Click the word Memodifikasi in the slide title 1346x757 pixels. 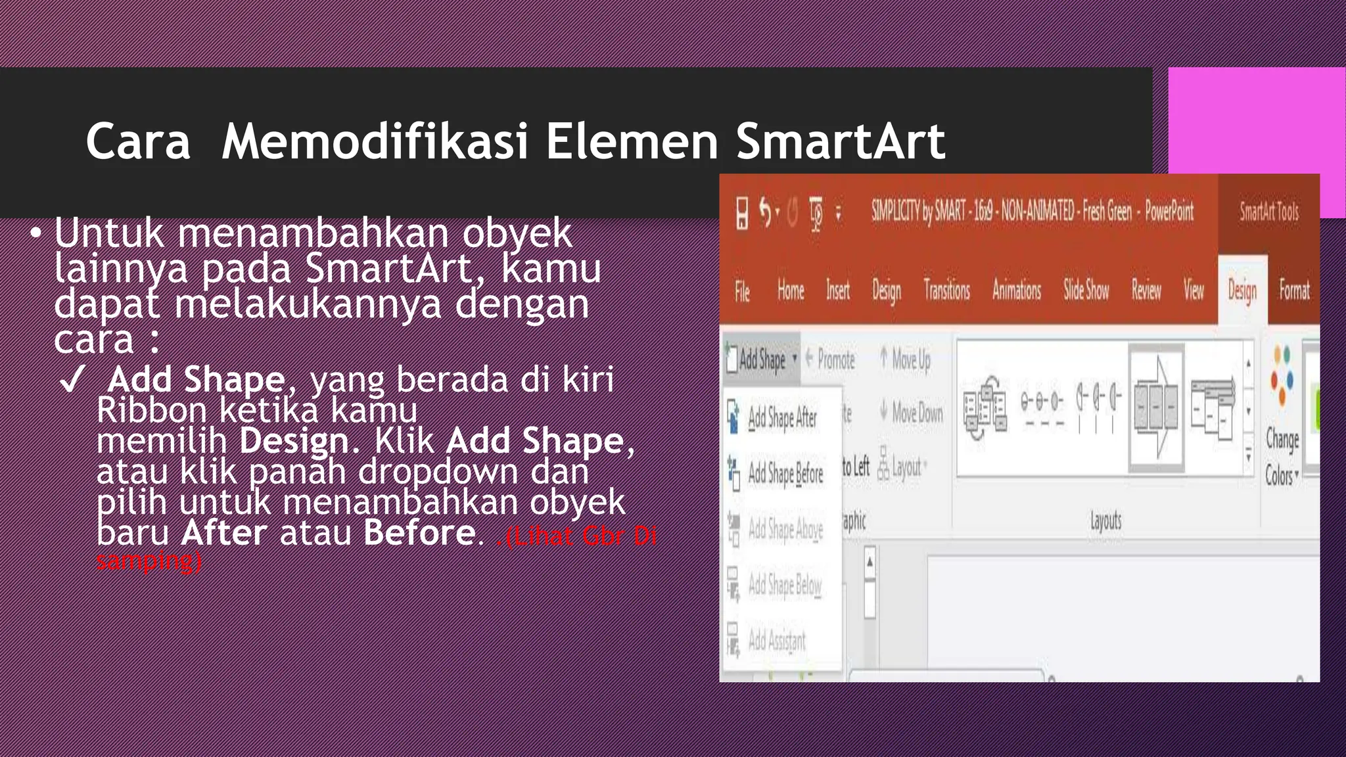click(x=375, y=141)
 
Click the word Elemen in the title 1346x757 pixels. click(x=632, y=141)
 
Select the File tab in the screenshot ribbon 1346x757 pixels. click(x=742, y=291)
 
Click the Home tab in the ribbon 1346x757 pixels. click(x=791, y=290)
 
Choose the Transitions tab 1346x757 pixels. click(x=946, y=290)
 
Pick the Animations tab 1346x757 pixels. click(x=1016, y=290)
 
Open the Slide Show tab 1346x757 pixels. click(x=1086, y=290)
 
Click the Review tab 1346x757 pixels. click(x=1146, y=290)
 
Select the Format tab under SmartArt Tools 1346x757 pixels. click(x=1294, y=290)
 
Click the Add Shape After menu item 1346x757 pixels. click(x=782, y=418)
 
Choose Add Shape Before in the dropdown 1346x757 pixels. click(x=785, y=473)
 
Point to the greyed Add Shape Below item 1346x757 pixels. click(x=784, y=584)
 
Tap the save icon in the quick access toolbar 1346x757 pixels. click(x=742, y=213)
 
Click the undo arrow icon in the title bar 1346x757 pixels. click(x=766, y=212)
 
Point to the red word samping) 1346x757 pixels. click(x=149, y=561)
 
